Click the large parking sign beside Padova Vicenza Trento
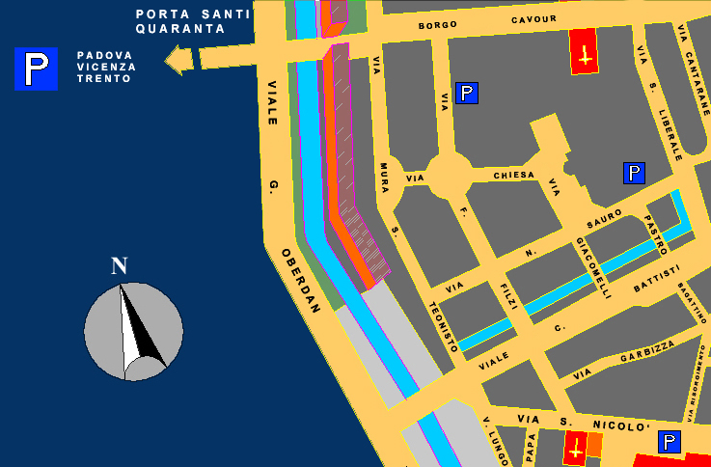tap(36, 69)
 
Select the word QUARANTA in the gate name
tap(180, 29)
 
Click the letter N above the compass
tap(120, 266)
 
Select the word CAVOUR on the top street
tap(533, 20)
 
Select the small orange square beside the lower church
tap(594, 445)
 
